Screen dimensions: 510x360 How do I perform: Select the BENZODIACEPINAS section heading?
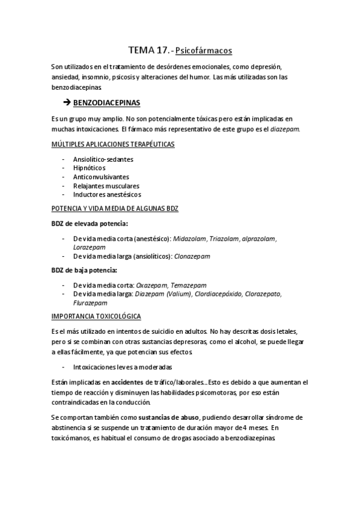pyautogui.click(x=111, y=103)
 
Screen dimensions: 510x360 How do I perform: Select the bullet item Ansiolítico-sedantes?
pyautogui.click(x=103, y=159)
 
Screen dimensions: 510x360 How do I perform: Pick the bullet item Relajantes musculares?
pyautogui.click(x=105, y=186)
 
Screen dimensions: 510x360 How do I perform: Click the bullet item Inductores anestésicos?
pyautogui.click(x=107, y=195)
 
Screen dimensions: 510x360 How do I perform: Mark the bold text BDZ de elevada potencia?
pyautogui.click(x=90, y=223)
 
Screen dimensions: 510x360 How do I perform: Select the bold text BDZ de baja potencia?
pyautogui.click(x=84, y=270)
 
